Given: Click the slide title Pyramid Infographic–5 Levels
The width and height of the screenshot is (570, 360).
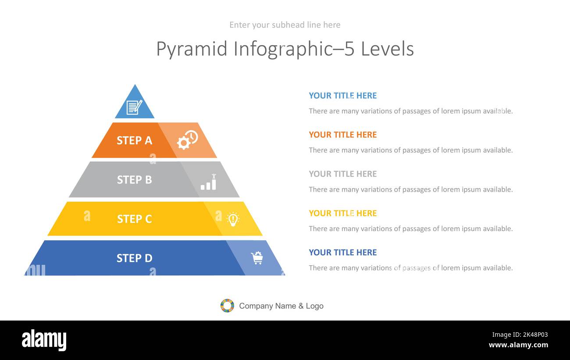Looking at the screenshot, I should coord(285,49).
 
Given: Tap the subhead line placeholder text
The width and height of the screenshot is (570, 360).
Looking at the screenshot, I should coord(285,25).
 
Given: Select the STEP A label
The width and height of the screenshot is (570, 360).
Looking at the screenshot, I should coord(134,140).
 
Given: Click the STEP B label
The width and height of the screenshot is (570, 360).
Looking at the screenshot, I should coord(134,180).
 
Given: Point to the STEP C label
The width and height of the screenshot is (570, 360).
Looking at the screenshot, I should coord(134,219).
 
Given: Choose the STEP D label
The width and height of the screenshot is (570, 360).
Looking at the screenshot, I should coord(134,258).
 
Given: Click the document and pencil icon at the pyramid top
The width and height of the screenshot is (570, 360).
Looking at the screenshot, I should coord(134,107).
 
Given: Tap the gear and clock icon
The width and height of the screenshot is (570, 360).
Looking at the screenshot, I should coord(187,140).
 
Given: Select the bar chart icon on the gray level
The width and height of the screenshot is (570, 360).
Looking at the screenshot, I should coord(209,182).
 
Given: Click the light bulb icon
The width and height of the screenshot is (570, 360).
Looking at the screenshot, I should coord(233,219).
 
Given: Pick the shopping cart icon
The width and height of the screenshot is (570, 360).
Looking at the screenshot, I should coord(256,258).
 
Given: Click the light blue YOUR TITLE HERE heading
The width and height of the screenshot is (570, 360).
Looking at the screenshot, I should coord(342,96).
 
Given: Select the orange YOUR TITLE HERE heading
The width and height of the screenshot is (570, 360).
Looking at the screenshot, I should coord(342,135).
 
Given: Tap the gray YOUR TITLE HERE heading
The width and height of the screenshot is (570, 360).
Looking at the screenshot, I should coord(342,174).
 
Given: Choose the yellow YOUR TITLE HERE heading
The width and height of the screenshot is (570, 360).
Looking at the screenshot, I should coord(342,213).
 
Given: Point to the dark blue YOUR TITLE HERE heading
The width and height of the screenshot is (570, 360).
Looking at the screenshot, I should coord(342,253).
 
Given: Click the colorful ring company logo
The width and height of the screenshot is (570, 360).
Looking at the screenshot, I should coord(227,306).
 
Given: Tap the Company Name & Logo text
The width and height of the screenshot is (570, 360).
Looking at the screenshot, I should coord(281,306).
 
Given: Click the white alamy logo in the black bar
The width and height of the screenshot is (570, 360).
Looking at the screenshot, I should coord(44,340).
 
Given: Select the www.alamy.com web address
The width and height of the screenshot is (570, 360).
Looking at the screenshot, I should coord(518,345).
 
